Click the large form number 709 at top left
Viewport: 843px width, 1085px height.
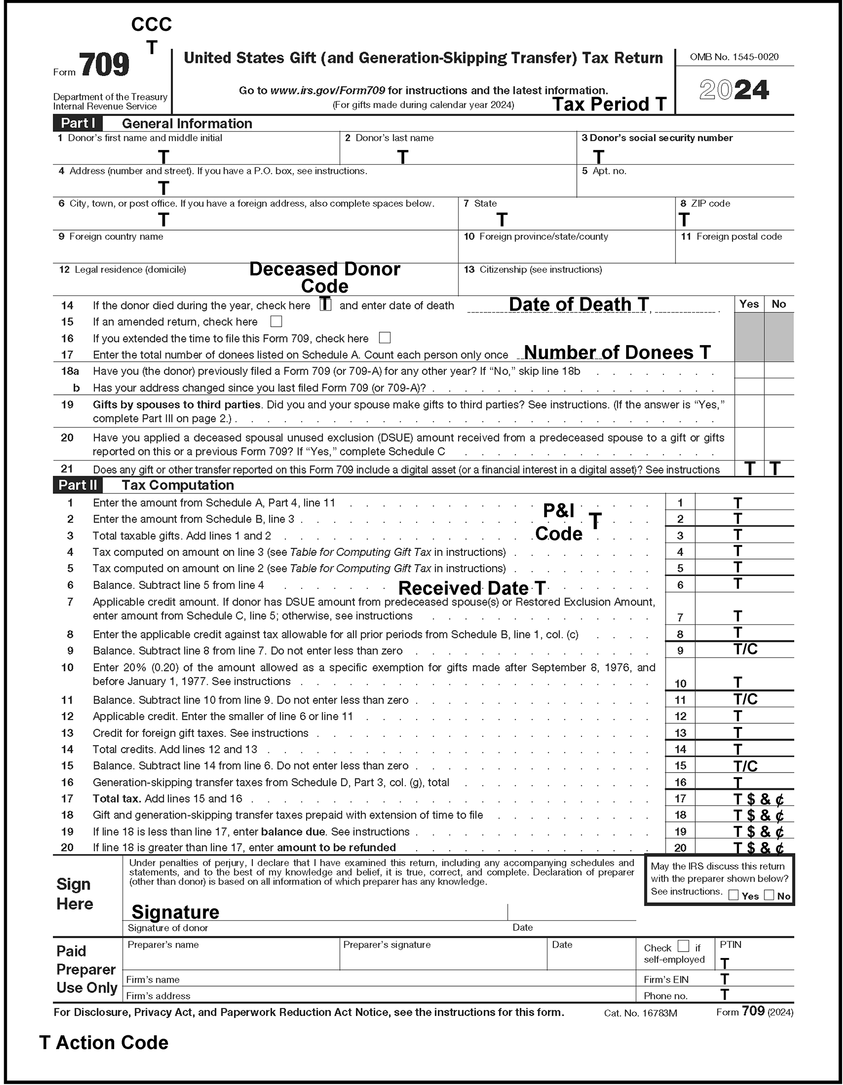pyautogui.click(x=104, y=66)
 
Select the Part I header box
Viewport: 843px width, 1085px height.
pyautogui.click(x=77, y=123)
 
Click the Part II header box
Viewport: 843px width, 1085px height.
pyautogui.click(x=77, y=485)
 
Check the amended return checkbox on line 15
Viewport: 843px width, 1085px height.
pyautogui.click(x=276, y=322)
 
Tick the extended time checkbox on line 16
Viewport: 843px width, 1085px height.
pyautogui.click(x=385, y=338)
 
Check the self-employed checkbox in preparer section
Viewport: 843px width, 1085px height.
pyautogui.click(x=684, y=946)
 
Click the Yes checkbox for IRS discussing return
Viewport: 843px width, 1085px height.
pyautogui.click(x=733, y=895)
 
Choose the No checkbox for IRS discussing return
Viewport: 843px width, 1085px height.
pyautogui.click(x=769, y=895)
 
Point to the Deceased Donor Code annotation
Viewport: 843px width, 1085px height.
pyautogui.click(x=325, y=277)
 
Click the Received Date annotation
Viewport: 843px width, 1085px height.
pyautogui.click(x=472, y=588)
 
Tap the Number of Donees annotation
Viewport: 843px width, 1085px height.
pyautogui.click(x=617, y=352)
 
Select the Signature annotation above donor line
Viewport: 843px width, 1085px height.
pyautogui.click(x=175, y=912)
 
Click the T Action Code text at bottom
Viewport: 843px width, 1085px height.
pyautogui.click(x=104, y=1042)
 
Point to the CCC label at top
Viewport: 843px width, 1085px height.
pyautogui.click(x=151, y=24)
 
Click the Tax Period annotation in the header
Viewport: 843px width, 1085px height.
pyautogui.click(x=609, y=104)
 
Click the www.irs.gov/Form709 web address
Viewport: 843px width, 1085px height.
pyautogui.click(x=327, y=90)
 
